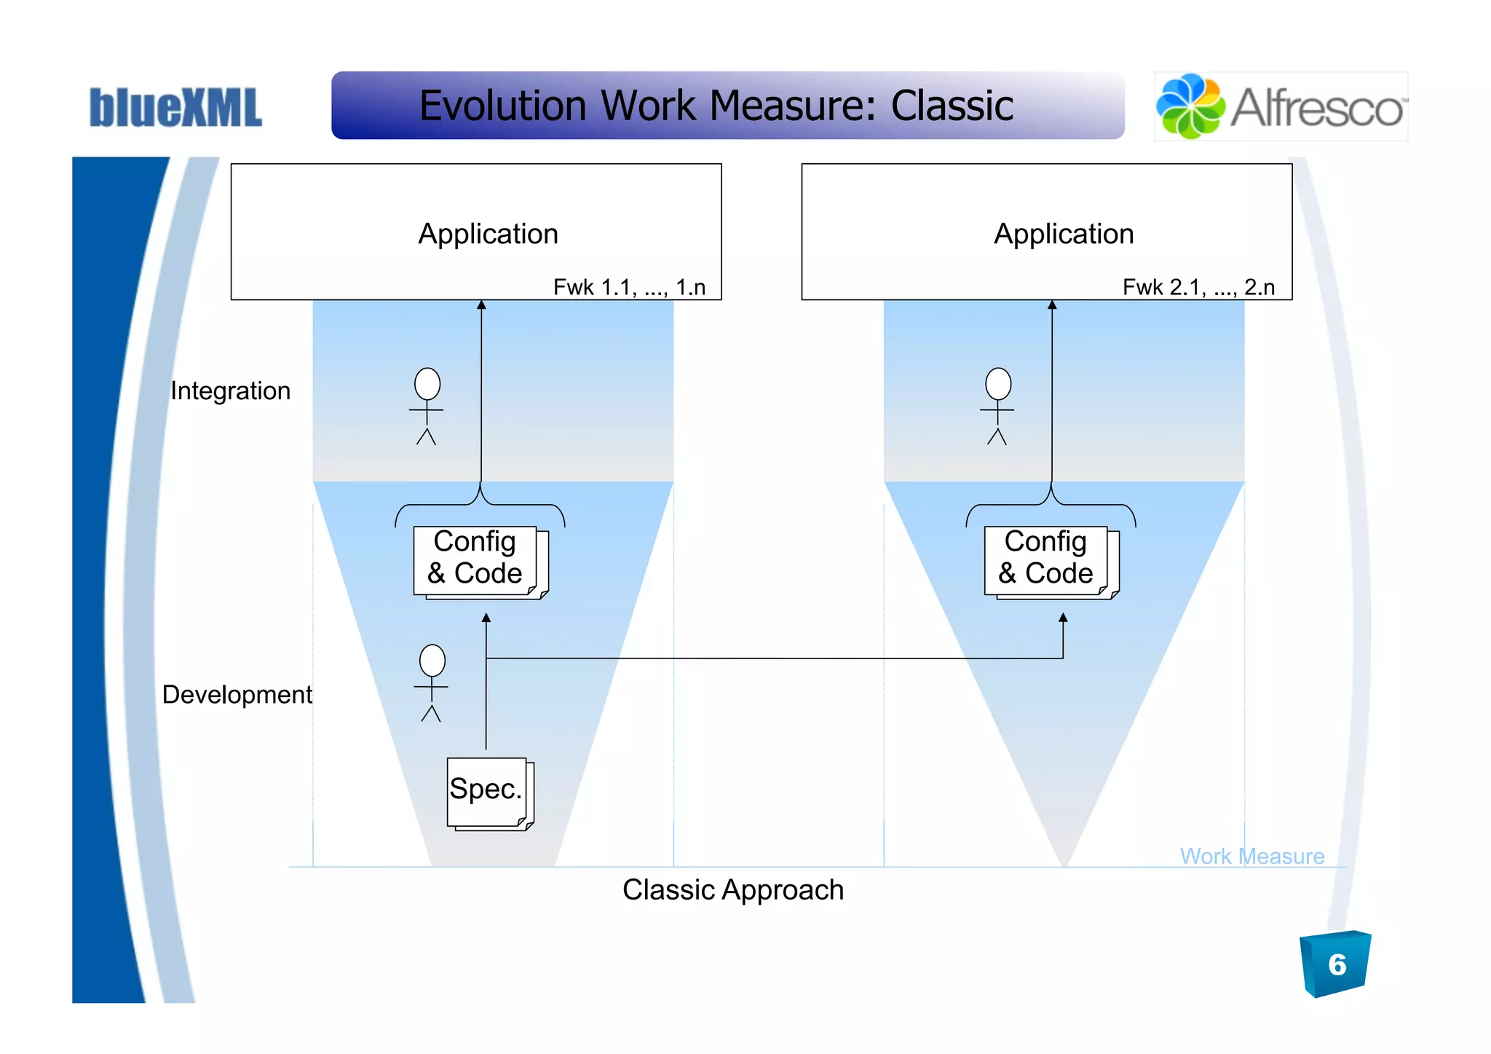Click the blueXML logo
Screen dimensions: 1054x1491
pos(175,108)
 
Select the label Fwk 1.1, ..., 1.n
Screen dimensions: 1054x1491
pos(629,287)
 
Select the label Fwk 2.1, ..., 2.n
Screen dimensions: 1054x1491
pos(1198,287)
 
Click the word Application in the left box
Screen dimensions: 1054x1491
pos(488,234)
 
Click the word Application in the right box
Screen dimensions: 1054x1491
pos(1064,234)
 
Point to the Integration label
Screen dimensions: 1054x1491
pos(230,391)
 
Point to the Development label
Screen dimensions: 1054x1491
pos(237,694)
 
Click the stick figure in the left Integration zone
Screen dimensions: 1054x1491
pos(427,406)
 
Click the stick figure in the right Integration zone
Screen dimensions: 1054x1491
pos(997,406)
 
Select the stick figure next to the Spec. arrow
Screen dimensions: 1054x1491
pos(432,683)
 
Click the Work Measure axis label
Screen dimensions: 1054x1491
pos(1251,856)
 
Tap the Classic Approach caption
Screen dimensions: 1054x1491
pos(732,890)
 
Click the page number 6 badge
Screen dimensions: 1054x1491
pos(1336,964)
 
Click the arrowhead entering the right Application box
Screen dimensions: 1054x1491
pos(1052,305)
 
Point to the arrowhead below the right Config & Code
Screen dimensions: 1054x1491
pos(1063,618)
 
